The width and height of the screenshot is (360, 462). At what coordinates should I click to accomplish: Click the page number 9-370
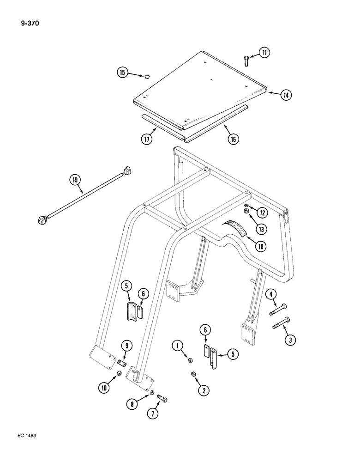29,21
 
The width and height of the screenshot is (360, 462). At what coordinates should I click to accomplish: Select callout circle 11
264,53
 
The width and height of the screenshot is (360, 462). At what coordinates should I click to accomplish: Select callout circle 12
262,213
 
